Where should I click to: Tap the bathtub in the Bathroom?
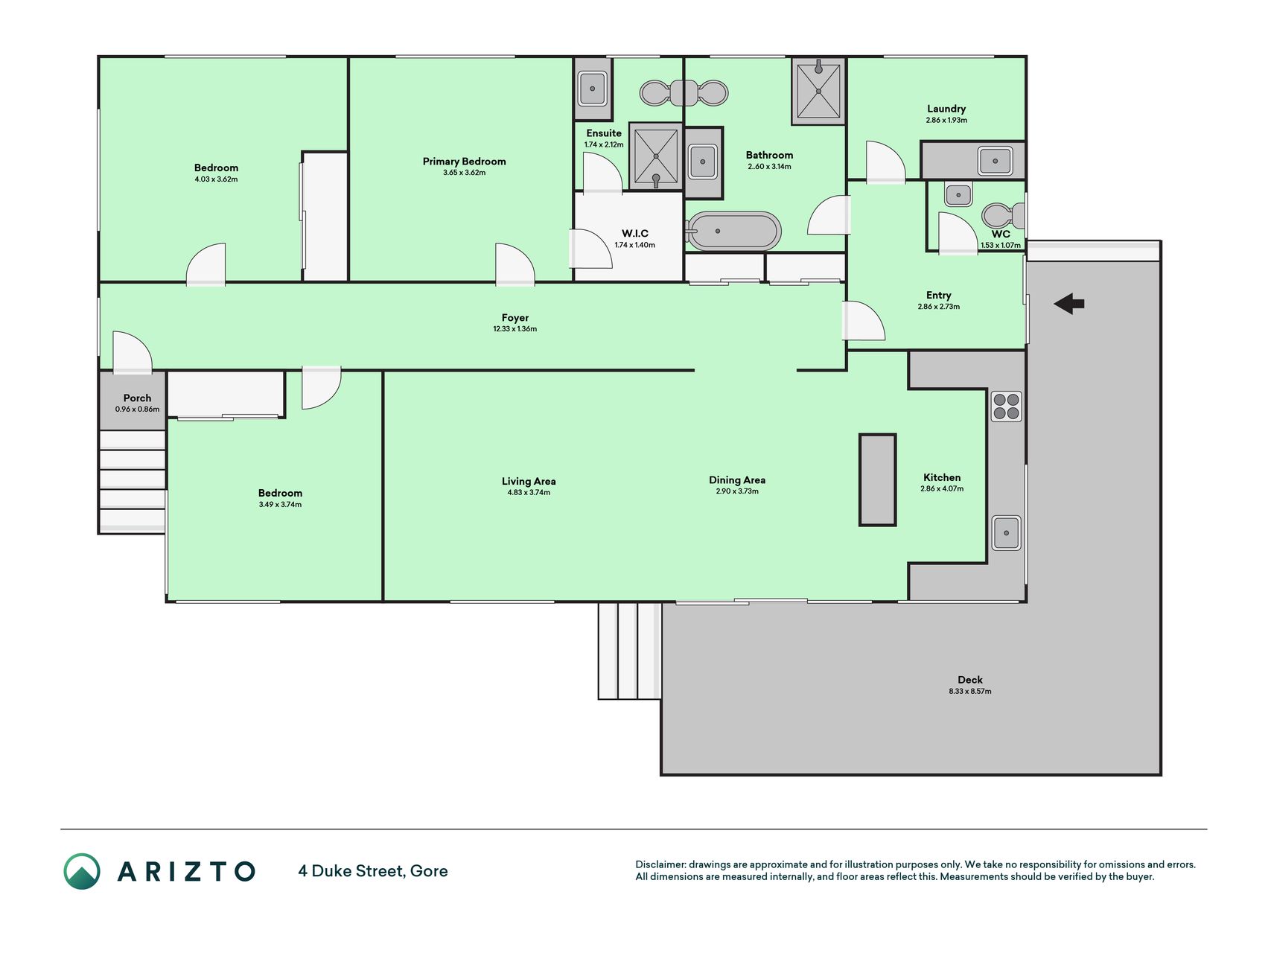click(733, 232)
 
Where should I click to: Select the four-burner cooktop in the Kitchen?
click(1006, 407)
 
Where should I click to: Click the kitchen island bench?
click(877, 479)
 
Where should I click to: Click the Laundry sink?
click(994, 160)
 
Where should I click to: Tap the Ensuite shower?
click(656, 156)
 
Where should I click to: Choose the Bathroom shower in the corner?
click(818, 91)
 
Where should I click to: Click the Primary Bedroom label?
click(464, 162)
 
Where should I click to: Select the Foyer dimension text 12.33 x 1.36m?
click(515, 329)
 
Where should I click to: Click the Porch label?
click(137, 398)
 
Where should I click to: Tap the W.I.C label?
click(635, 233)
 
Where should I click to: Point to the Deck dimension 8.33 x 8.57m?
click(969, 691)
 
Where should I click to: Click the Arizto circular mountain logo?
click(82, 871)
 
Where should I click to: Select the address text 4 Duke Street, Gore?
click(373, 871)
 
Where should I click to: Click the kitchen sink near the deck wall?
click(1006, 533)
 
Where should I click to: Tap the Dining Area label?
click(737, 480)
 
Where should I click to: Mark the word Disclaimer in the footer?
click(660, 864)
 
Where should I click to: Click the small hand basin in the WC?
click(958, 195)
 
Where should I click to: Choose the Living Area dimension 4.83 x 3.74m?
click(529, 492)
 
